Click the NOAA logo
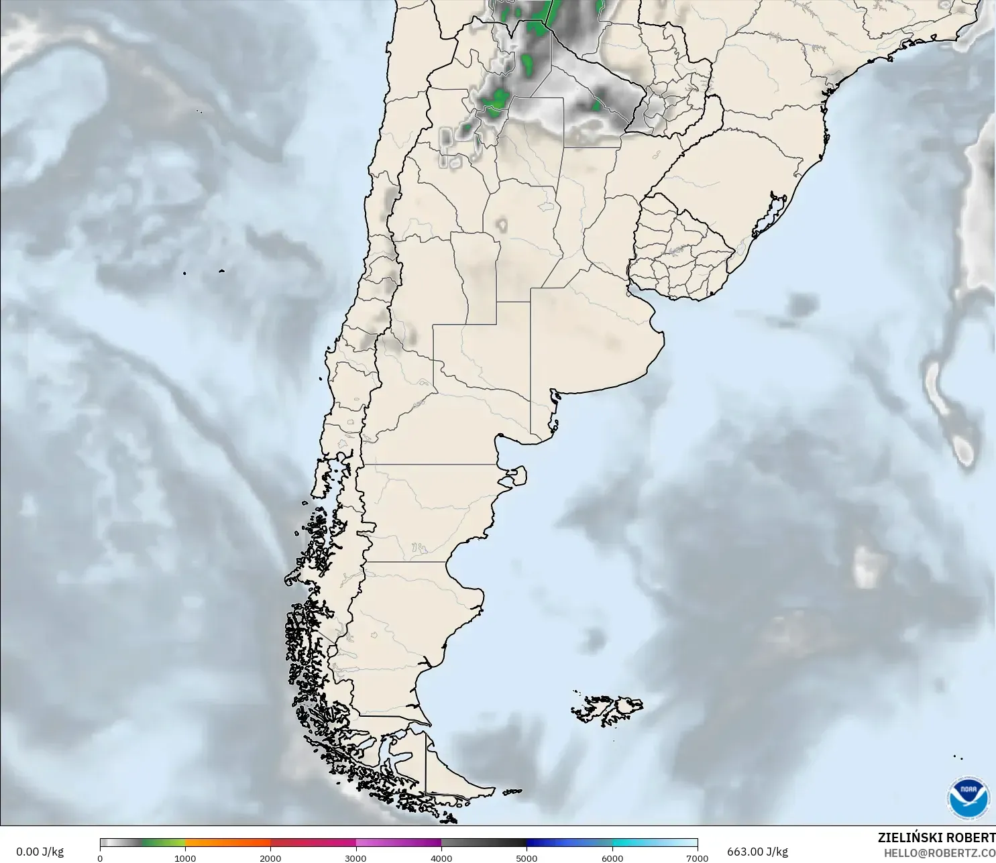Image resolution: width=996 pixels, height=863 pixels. pos(968,798)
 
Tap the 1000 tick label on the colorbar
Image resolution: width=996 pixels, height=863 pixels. pos(185,858)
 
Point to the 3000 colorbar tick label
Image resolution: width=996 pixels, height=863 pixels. pos(355,858)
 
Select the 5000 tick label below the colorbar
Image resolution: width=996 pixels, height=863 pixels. pos(527,858)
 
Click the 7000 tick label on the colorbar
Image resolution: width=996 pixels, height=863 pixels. pos(698,858)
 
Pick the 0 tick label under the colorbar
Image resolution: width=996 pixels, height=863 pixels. pos(100,858)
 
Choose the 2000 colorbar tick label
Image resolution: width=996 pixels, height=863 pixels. pos(270,858)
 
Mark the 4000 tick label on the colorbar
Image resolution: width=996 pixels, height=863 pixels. pos(441,858)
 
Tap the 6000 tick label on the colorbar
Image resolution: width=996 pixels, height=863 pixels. pos(612,858)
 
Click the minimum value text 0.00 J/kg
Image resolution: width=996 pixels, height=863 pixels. pos(40,852)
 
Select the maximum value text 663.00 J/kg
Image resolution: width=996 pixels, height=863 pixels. pos(757,852)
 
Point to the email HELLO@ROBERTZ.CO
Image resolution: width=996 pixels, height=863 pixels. pos(939,853)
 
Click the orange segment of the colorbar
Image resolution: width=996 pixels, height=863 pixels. pos(228,843)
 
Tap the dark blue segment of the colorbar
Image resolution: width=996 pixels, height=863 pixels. pos(557,843)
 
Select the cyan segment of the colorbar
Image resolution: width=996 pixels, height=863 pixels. pos(637,843)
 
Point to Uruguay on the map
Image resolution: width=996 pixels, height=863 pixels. pos(677,255)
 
